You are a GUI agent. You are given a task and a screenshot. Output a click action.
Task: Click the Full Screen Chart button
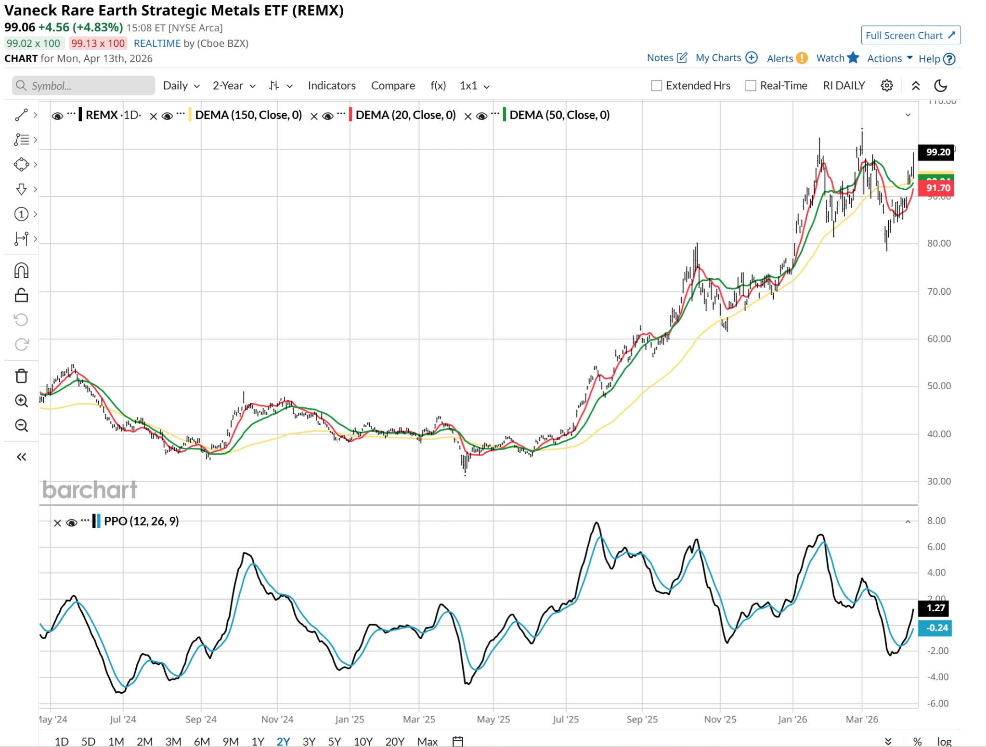tap(910, 35)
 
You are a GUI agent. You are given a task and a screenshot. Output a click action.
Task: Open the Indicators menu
tap(331, 86)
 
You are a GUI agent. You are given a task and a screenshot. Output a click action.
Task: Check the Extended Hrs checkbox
tap(656, 86)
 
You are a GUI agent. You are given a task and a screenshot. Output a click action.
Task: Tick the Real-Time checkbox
tap(750, 86)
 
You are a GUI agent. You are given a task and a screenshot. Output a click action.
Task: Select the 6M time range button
tap(202, 741)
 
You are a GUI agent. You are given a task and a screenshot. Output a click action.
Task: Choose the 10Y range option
tap(363, 741)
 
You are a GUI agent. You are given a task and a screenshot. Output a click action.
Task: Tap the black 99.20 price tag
tap(936, 152)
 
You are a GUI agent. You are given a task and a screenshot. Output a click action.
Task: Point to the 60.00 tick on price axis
tap(939, 339)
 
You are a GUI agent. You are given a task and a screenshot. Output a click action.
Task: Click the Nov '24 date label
tap(277, 719)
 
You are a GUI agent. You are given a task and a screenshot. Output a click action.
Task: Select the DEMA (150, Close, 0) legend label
tap(248, 115)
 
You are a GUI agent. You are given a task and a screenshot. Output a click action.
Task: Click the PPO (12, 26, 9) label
tap(141, 521)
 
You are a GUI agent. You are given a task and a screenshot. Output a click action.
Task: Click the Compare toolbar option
tap(393, 86)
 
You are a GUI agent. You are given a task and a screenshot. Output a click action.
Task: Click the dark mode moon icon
tap(940, 86)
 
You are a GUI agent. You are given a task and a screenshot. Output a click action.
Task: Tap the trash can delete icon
tap(21, 376)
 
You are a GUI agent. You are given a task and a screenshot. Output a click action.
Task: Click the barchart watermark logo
tap(90, 490)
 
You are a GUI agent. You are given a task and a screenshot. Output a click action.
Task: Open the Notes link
tap(666, 58)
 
